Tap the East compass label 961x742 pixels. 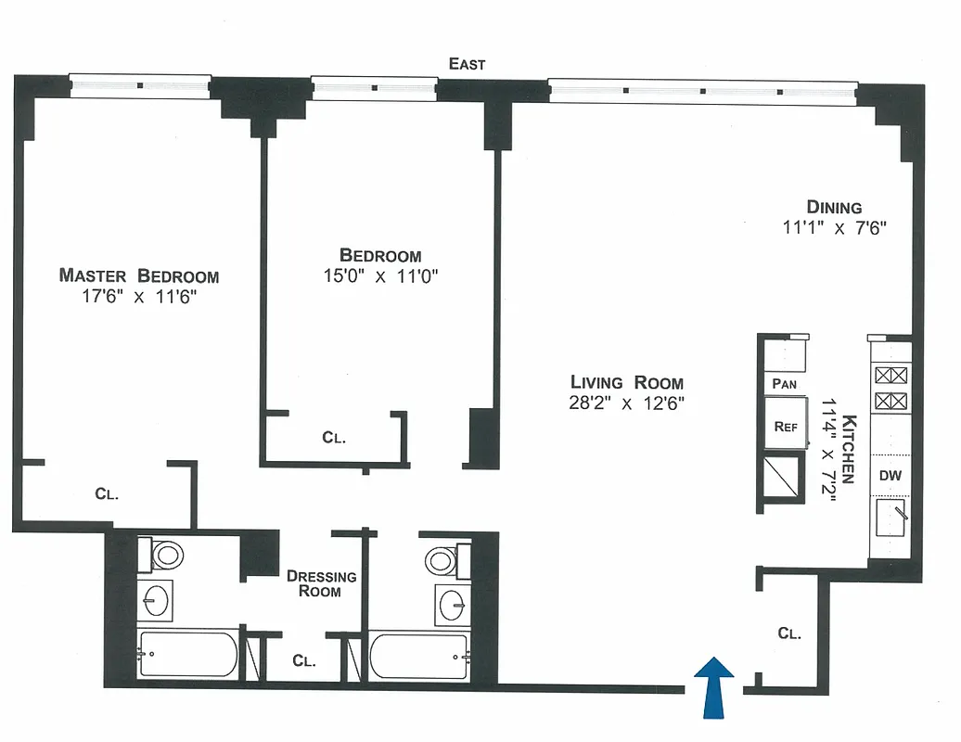pyautogui.click(x=467, y=64)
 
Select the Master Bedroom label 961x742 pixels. pyautogui.click(x=139, y=275)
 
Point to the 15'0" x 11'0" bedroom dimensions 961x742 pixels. pyautogui.click(x=380, y=275)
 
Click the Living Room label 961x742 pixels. pyautogui.click(x=626, y=382)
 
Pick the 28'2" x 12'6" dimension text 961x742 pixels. pyautogui.click(x=627, y=403)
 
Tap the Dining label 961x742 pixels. pyautogui.click(x=834, y=208)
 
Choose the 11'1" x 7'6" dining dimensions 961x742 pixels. pyautogui.click(x=834, y=228)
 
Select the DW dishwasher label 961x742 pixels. pyautogui.click(x=891, y=476)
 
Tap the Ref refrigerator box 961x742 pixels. pyautogui.click(x=786, y=427)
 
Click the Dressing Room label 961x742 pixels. pyautogui.click(x=320, y=583)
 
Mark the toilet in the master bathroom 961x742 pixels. pyautogui.click(x=167, y=556)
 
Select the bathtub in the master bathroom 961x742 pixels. pyautogui.click(x=188, y=655)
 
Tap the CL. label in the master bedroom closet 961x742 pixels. pyautogui.click(x=107, y=494)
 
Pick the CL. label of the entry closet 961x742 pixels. pyautogui.click(x=789, y=633)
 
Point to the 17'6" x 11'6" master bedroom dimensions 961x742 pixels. pyautogui.click(x=139, y=297)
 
